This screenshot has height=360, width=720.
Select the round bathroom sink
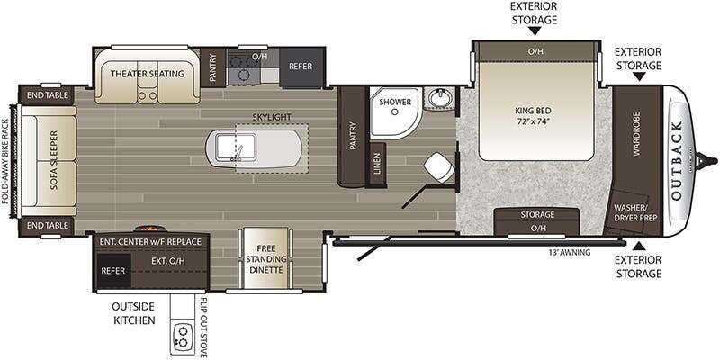(439, 98)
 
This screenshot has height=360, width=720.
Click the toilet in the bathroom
(439, 167)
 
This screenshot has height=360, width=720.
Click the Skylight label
(272, 117)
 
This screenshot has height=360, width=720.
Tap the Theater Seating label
(147, 74)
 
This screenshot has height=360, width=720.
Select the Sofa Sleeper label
(53, 161)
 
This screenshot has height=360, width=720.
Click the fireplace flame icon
(148, 228)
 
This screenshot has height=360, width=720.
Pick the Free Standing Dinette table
(265, 258)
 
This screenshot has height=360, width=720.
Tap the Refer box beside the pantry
(301, 67)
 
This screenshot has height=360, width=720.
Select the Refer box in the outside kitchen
(113, 271)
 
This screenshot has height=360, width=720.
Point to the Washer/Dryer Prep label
(634, 212)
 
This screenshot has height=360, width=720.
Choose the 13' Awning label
(569, 252)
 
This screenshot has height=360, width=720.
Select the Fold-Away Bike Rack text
(5, 162)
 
